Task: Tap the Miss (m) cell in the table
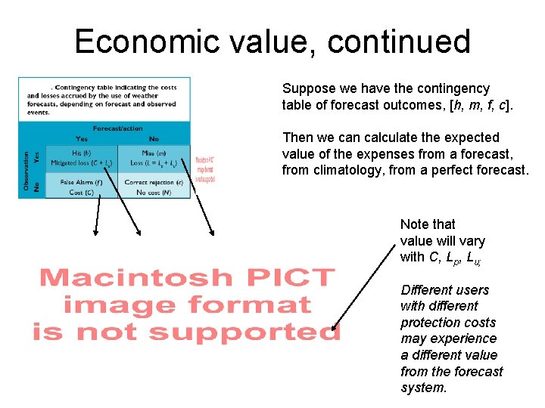pyautogui.click(x=154, y=157)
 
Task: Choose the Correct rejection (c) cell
pyautogui.click(x=154, y=186)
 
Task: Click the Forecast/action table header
pyautogui.click(x=117, y=128)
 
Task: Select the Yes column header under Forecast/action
pyautogui.click(x=81, y=138)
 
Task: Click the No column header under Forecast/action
pyautogui.click(x=154, y=138)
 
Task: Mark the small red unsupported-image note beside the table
pyautogui.click(x=205, y=170)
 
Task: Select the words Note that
pyautogui.click(x=428, y=224)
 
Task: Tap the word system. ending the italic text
pyautogui.click(x=424, y=388)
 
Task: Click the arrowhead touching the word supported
pyautogui.click(x=334, y=329)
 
